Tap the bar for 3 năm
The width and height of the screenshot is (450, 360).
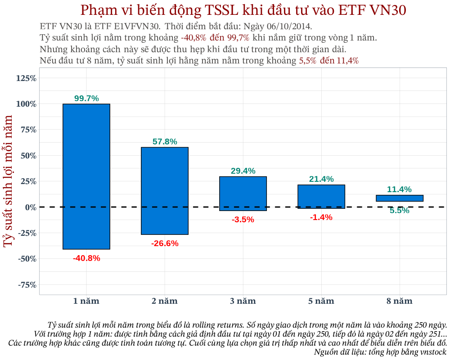(243, 193)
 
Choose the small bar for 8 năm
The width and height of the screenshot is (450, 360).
(400, 198)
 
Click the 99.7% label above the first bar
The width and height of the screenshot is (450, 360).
(86, 99)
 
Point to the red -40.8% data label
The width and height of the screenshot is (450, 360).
(86, 258)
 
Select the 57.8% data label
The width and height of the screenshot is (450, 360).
(165, 142)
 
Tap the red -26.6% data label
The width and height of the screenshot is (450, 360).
(165, 243)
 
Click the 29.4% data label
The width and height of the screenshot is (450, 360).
(243, 171)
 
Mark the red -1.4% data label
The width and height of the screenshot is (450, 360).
(321, 218)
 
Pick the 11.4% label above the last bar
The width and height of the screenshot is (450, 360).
(400, 189)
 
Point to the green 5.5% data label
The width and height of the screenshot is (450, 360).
(400, 211)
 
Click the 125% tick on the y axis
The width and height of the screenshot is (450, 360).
(27, 79)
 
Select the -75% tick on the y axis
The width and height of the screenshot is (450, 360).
(27, 285)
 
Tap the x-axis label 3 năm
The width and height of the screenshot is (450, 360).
(243, 301)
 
